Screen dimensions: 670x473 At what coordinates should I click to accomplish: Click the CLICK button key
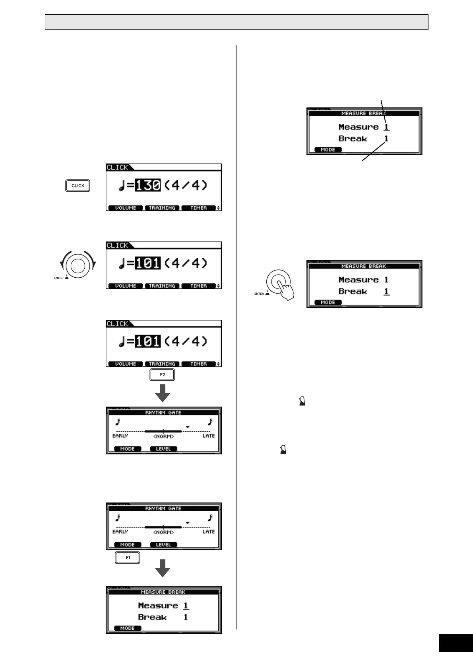pos(78,186)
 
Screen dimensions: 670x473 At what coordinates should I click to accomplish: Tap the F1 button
pos(128,558)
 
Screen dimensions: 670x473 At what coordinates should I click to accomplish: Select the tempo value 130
pos(147,185)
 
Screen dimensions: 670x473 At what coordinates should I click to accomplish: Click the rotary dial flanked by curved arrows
pos(78,265)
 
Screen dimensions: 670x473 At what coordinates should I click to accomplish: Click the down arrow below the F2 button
pos(163,393)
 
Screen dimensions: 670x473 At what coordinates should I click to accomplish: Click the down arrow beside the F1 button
pos(163,568)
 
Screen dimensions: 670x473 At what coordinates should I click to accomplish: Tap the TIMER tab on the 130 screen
pos(198,208)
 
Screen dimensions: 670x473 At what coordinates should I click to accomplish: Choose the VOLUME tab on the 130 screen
pos(126,208)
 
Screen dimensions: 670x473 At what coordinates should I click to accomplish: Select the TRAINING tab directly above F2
pos(162,364)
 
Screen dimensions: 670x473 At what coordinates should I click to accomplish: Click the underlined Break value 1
pos(386,292)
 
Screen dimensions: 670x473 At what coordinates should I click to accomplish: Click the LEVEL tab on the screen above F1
pos(163,545)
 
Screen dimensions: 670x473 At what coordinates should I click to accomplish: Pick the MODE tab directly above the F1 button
pos(128,545)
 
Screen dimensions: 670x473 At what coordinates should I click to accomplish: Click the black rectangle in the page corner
pos(456,643)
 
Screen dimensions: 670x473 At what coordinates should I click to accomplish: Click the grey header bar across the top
pos(236,22)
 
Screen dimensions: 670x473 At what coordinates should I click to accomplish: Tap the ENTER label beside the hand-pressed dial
pos(259,294)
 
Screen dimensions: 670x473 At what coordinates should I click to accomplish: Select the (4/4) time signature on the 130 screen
pos(186,185)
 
